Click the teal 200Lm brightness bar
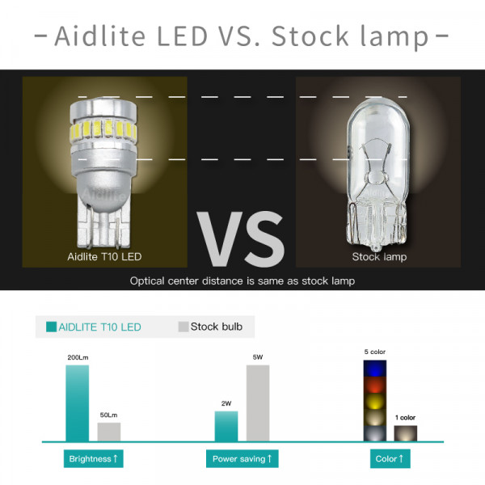coord(78,403)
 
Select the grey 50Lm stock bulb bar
coord(109,432)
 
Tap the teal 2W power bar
coord(226,426)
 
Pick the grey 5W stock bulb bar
coord(258,403)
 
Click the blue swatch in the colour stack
coord(375,369)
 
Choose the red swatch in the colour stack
coord(375,385)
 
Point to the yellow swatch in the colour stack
coord(375,402)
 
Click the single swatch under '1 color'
coord(406,433)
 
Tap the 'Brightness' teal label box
coord(94,458)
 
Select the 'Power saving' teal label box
coord(242,458)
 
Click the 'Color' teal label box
coord(390,458)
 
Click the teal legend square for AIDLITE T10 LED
coord(52,327)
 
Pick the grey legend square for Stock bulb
coord(183,327)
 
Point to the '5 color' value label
coord(374,352)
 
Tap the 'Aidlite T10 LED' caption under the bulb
coord(104,257)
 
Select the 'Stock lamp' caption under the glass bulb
coord(379,257)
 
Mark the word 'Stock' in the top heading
coord(310,36)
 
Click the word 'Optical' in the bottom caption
coord(147,281)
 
